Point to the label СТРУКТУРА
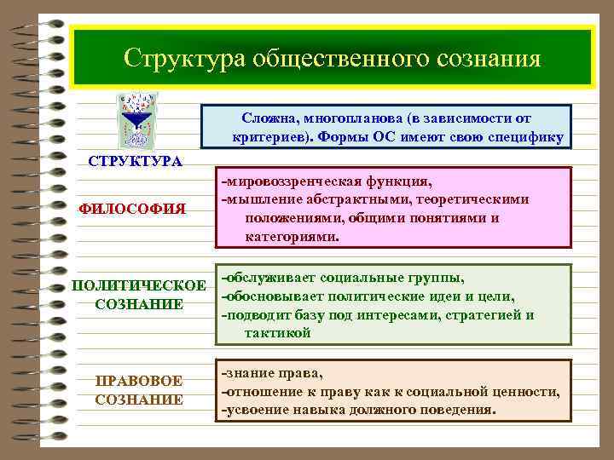[x=136, y=162]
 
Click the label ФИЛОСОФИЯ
[x=131, y=209]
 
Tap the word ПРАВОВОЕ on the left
[x=139, y=380]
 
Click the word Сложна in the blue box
[x=269, y=118]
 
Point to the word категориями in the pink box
[x=292, y=238]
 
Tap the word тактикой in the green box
[x=278, y=334]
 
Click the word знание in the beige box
[x=248, y=373]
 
